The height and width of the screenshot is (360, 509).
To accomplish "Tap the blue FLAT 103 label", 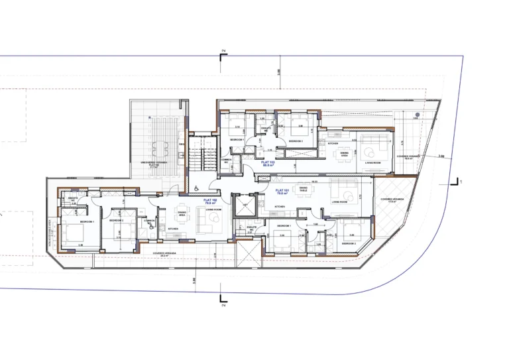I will click(268, 163).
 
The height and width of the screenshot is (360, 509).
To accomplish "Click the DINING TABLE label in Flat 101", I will click(303, 190).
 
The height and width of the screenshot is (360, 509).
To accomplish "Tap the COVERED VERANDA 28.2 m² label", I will click(163, 253).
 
